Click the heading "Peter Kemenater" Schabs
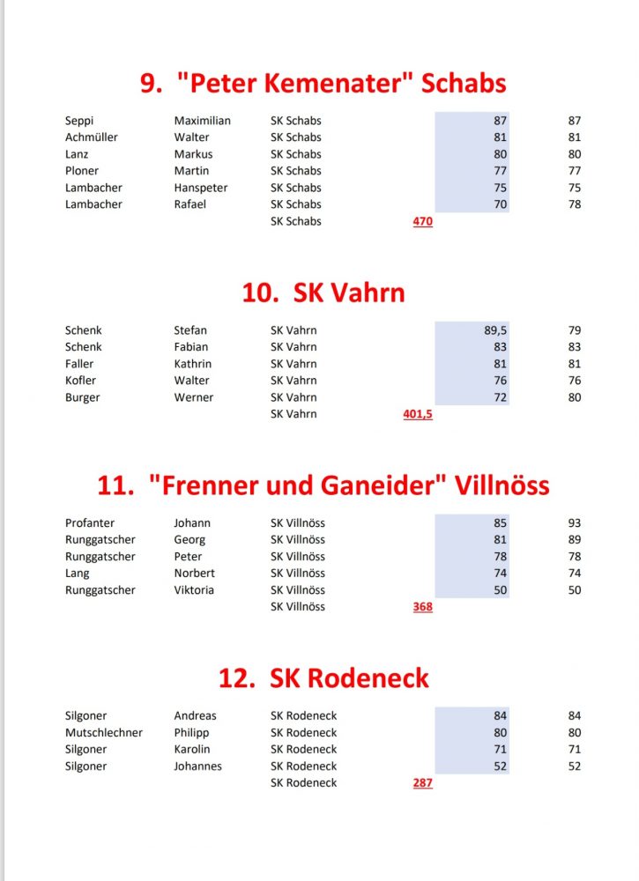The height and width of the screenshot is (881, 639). pyautogui.click(x=323, y=84)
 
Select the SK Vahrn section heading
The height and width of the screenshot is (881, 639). pyautogui.click(x=323, y=292)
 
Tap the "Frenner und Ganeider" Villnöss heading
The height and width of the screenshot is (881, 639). pyautogui.click(x=323, y=485)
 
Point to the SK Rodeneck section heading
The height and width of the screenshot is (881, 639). pyautogui.click(x=323, y=678)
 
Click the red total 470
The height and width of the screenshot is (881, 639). pyautogui.click(x=422, y=221)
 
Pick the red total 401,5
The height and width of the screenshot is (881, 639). pyautogui.click(x=418, y=414)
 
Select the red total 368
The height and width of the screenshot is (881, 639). pyautogui.click(x=422, y=607)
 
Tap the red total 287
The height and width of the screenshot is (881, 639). pyautogui.click(x=422, y=782)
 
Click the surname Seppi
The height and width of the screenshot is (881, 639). pyautogui.click(x=79, y=121)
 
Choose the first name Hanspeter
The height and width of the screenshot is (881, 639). pyautogui.click(x=201, y=188)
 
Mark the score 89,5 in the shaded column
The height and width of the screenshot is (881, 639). pyautogui.click(x=495, y=330)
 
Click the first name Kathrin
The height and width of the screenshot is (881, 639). pyautogui.click(x=193, y=364)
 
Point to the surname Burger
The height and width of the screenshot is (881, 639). pyautogui.click(x=83, y=397)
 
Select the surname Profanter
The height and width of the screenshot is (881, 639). pyautogui.click(x=90, y=523)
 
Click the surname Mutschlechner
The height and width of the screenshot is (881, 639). pyautogui.click(x=104, y=733)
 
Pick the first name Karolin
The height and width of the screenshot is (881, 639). pyautogui.click(x=192, y=750)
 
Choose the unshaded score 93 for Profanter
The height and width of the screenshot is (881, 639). pyautogui.click(x=575, y=523)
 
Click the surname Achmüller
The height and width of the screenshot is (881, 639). pyautogui.click(x=92, y=137)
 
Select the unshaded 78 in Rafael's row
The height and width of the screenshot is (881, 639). pyautogui.click(x=575, y=204)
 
